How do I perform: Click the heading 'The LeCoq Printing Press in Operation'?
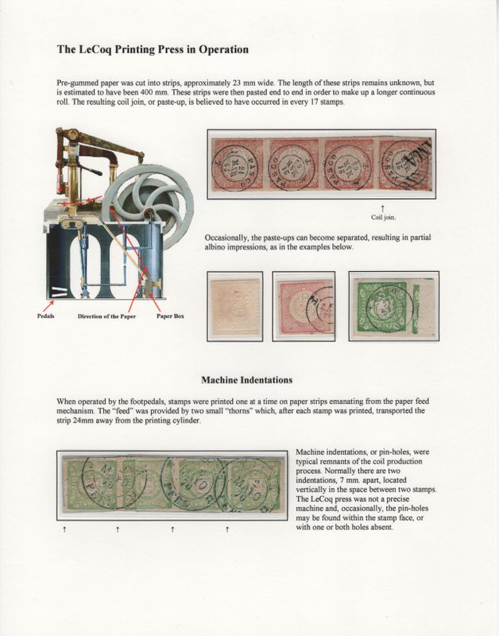pos(153,49)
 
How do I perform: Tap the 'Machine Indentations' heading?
pos(249,380)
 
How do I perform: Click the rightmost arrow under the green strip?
pos(228,528)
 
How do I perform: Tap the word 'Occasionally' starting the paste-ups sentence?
pos(230,238)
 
